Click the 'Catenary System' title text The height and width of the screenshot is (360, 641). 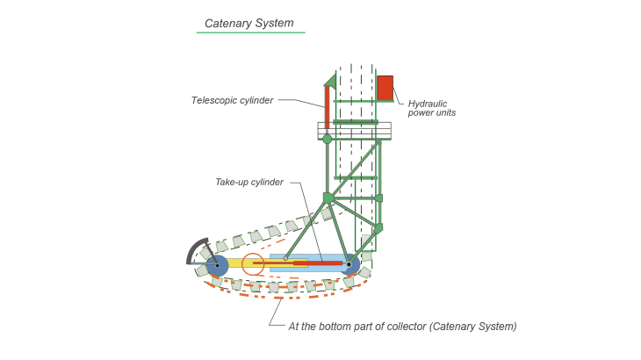click(249, 24)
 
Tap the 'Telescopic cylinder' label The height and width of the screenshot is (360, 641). click(232, 100)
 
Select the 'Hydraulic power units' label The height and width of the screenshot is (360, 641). click(432, 108)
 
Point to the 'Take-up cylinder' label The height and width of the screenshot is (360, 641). click(249, 183)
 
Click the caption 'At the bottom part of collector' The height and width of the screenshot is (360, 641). click(358, 327)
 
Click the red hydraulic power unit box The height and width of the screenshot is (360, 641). click(385, 88)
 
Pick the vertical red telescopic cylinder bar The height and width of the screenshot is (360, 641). click(327, 107)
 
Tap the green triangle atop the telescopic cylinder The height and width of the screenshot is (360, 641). click(331, 80)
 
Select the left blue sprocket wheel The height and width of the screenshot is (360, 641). click(217, 265)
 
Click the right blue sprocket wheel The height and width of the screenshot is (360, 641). click(350, 264)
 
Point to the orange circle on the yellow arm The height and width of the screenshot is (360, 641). click(253, 264)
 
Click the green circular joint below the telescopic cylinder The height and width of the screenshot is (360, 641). click(327, 139)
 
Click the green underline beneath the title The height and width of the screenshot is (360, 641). click(250, 32)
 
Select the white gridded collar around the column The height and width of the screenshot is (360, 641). click(355, 131)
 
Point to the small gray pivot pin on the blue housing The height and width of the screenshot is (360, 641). click(285, 258)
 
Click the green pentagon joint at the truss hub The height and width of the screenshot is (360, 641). click(328, 198)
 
